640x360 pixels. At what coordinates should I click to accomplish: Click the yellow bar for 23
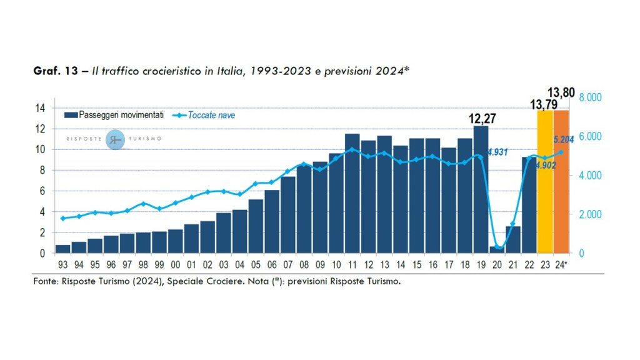point(545,181)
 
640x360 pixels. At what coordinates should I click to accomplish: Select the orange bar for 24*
point(561,181)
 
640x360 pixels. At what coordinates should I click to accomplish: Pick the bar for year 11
point(352,193)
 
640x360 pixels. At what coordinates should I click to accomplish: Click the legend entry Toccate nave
point(211,115)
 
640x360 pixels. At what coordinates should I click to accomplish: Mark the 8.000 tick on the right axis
point(591,97)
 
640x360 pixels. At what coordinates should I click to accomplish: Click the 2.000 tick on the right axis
point(591,214)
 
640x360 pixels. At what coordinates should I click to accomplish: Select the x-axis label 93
point(62,264)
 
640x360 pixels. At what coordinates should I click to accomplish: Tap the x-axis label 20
point(497,264)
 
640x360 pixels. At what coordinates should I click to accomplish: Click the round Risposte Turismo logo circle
point(116,139)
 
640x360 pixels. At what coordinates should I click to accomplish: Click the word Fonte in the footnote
point(45,281)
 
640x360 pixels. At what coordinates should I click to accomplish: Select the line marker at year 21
point(513,223)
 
